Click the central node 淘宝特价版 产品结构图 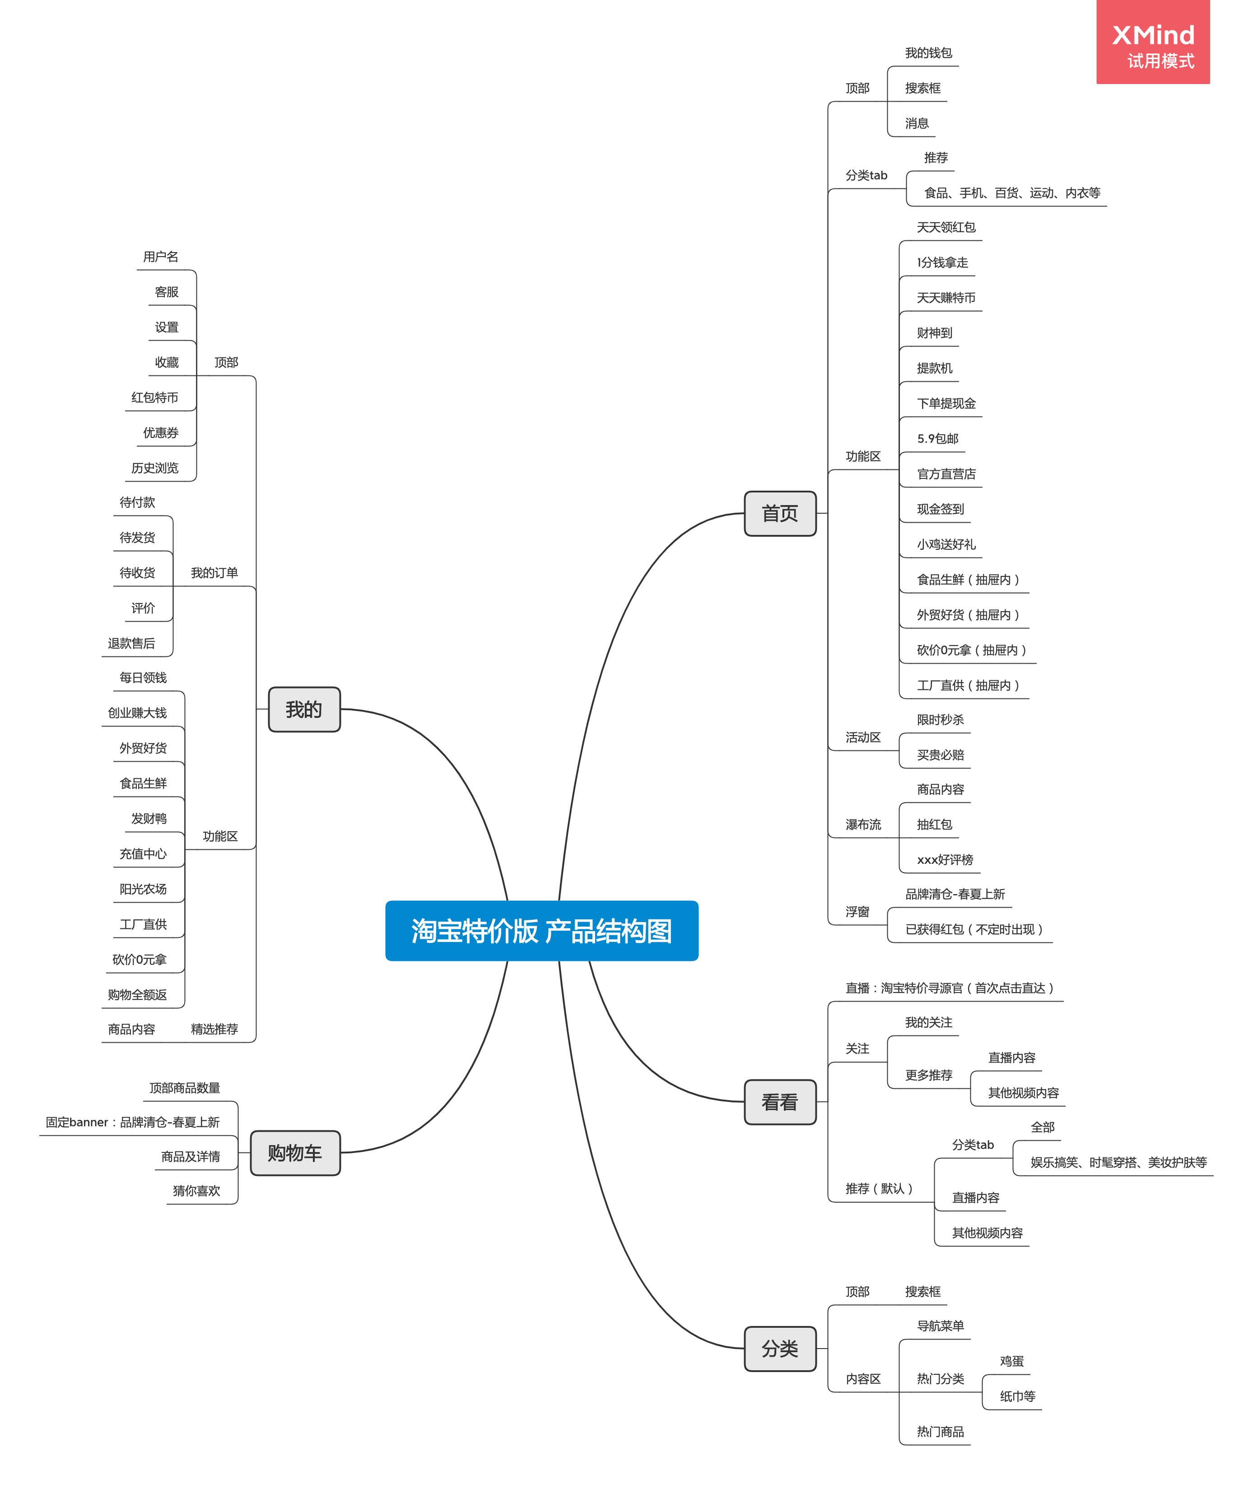pos(541,930)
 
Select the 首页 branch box pos(779,513)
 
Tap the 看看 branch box pos(779,1101)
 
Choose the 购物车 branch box pos(295,1152)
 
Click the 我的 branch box pos(304,709)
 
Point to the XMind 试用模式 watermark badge pos(1152,42)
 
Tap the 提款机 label pos(934,368)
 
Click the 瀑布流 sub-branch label pos(862,824)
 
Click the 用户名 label pos(161,257)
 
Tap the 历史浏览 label pos(155,468)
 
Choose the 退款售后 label pos(131,643)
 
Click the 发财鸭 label pos(149,819)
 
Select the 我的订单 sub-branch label pos(214,573)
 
